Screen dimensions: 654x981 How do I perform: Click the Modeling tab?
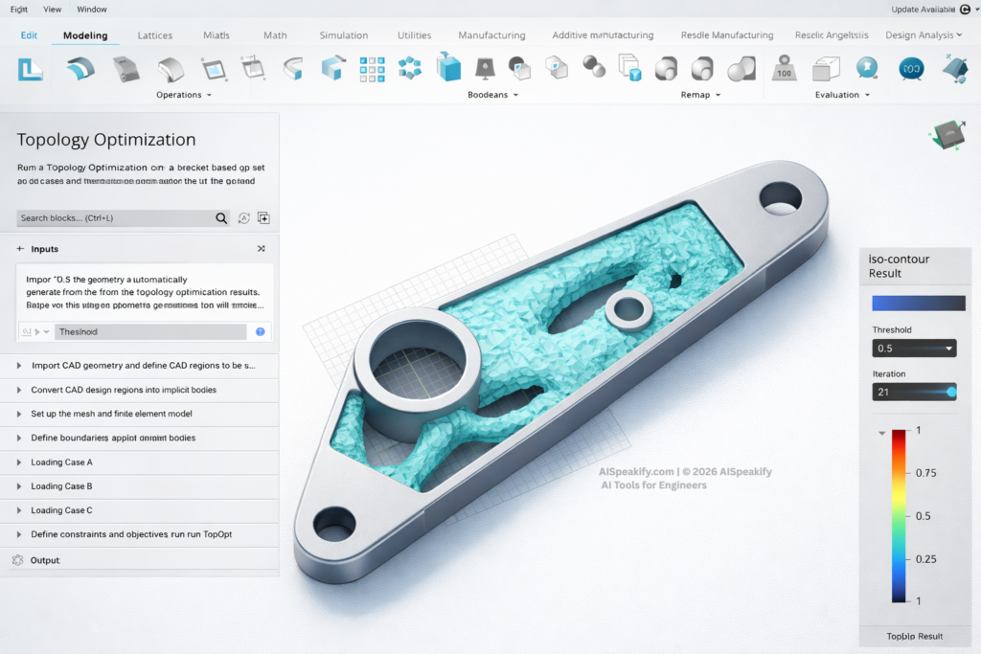(x=85, y=35)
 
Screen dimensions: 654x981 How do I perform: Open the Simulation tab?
(x=343, y=35)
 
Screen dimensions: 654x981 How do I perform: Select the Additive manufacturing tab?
(x=603, y=35)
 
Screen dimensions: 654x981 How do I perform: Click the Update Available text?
(x=923, y=10)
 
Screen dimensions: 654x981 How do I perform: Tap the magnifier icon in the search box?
(x=221, y=218)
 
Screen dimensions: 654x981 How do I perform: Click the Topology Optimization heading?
(x=106, y=140)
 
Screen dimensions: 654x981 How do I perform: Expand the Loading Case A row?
(x=61, y=462)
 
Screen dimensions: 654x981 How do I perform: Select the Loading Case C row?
(x=61, y=510)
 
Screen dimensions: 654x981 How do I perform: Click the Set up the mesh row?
(x=111, y=414)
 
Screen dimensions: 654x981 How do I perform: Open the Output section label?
(x=44, y=560)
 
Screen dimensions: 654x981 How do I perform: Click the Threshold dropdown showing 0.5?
(x=914, y=349)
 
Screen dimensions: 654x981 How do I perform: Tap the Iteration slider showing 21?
(x=914, y=392)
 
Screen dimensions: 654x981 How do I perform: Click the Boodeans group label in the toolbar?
(x=491, y=95)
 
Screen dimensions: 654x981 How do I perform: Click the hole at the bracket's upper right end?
(x=781, y=198)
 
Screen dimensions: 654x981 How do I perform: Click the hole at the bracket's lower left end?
(x=334, y=523)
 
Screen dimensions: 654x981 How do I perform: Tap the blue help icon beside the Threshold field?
(x=260, y=332)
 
